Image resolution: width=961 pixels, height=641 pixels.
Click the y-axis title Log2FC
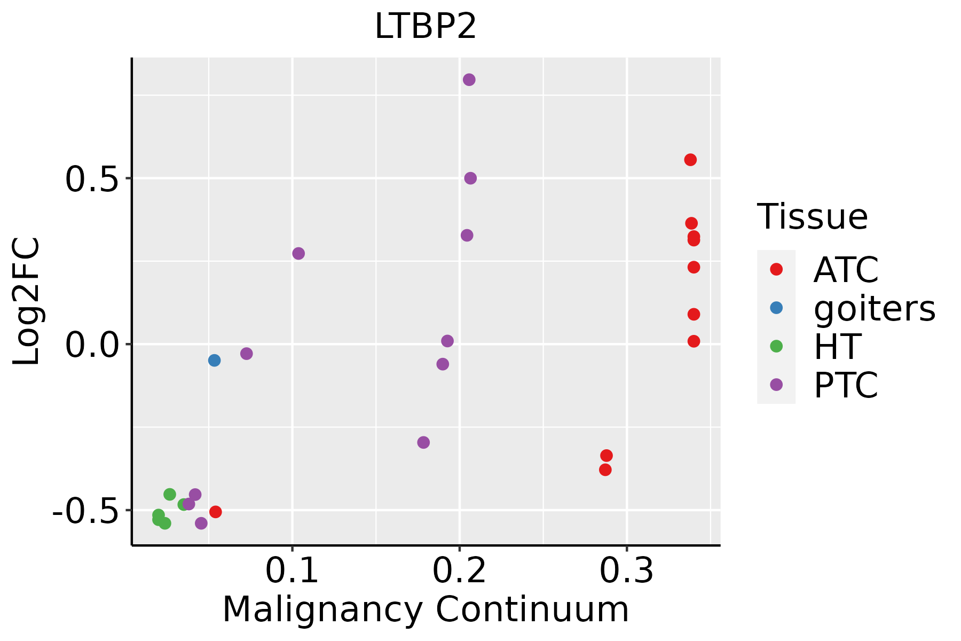(27, 302)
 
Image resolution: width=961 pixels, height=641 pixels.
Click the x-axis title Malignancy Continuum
(426, 609)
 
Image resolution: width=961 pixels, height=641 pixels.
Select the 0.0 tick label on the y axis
(91, 345)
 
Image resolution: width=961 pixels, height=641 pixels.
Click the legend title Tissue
(813, 217)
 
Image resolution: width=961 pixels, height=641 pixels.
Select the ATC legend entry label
(846, 270)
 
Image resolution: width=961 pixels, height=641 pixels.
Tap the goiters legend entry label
(875, 308)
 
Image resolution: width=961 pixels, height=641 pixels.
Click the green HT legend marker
(776, 346)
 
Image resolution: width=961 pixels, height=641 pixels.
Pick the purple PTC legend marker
(776, 385)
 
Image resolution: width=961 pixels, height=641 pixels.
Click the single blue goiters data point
(214, 361)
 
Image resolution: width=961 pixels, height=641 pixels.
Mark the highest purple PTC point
(469, 80)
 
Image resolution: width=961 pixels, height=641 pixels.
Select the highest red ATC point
(690, 160)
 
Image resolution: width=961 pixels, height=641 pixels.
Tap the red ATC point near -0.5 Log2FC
(216, 512)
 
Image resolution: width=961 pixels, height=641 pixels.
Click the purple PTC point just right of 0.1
(298, 253)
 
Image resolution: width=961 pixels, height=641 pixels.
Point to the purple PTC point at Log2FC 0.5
(470, 178)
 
